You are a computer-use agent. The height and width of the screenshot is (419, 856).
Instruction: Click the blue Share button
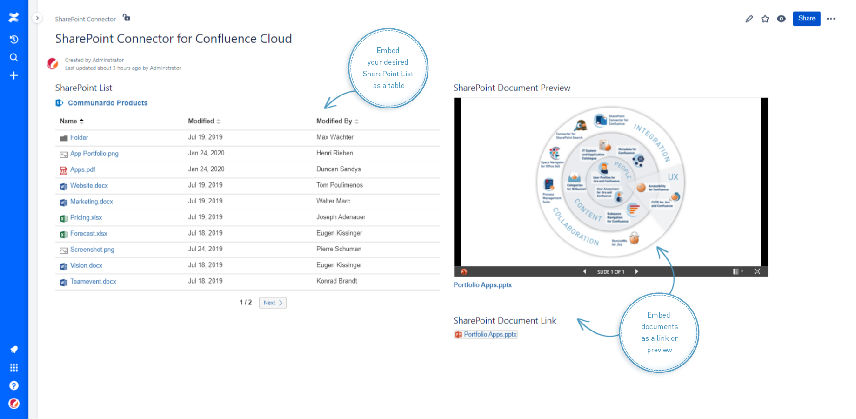pyautogui.click(x=806, y=19)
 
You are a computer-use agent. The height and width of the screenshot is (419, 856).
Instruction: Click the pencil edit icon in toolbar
pyautogui.click(x=749, y=19)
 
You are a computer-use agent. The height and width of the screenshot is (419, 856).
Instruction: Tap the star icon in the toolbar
pyautogui.click(x=765, y=19)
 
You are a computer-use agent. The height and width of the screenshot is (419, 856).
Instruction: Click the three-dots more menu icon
pyautogui.click(x=831, y=19)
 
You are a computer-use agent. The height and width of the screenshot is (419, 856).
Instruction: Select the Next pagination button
pyautogui.click(x=273, y=303)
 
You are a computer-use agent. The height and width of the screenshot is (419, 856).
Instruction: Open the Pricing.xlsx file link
pyautogui.click(x=86, y=217)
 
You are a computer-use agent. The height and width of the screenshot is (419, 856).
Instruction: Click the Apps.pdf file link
pyautogui.click(x=82, y=169)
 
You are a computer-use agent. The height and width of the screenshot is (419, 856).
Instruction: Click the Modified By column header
pyautogui.click(x=334, y=121)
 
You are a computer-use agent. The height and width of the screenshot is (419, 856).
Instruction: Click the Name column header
pyautogui.click(x=69, y=121)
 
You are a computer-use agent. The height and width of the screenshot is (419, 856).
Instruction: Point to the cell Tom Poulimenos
pyautogui.click(x=340, y=185)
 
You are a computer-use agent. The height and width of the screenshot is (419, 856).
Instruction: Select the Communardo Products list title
pyautogui.click(x=107, y=103)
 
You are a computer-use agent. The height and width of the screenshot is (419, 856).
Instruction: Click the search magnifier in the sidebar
pyautogui.click(x=14, y=57)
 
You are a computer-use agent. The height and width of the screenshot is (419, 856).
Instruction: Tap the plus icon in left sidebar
pyautogui.click(x=14, y=75)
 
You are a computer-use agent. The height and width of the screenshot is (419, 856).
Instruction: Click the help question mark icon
pyautogui.click(x=14, y=385)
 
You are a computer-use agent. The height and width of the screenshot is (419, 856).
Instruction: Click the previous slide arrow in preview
pyautogui.click(x=585, y=271)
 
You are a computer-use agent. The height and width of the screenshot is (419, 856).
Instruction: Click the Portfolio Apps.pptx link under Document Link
pyautogui.click(x=490, y=334)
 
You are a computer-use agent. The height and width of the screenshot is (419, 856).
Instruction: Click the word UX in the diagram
pyautogui.click(x=673, y=177)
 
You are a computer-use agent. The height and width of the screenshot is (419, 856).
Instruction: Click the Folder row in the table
pyautogui.click(x=79, y=137)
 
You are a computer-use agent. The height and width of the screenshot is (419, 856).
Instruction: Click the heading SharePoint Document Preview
pyautogui.click(x=512, y=88)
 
